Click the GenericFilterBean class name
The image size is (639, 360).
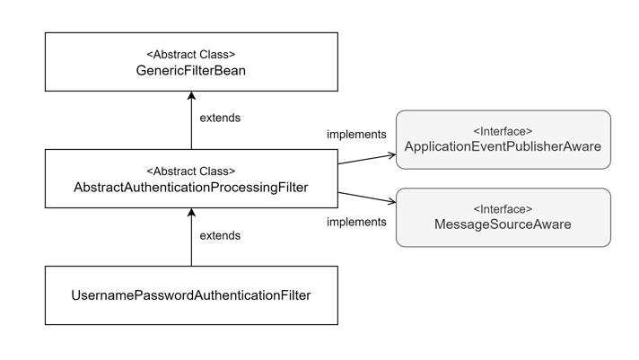click(x=191, y=70)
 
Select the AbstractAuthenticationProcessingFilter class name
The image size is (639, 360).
click(x=191, y=188)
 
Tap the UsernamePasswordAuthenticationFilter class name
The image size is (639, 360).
click(x=191, y=294)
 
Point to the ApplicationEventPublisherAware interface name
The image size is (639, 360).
click(x=503, y=146)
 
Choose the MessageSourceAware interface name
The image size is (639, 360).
click(x=503, y=224)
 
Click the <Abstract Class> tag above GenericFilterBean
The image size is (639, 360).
click(x=191, y=54)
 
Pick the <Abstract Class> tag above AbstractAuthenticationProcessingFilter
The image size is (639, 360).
click(x=191, y=171)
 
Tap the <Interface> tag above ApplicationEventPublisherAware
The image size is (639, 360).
click(x=503, y=131)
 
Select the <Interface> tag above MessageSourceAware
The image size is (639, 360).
click(x=503, y=209)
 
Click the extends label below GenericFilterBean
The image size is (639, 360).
click(x=220, y=118)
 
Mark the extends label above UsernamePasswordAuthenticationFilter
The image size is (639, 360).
click(x=220, y=235)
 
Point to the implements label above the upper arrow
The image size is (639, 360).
click(x=356, y=135)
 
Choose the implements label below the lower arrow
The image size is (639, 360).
click(x=356, y=222)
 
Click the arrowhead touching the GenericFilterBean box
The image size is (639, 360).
click(x=191, y=96)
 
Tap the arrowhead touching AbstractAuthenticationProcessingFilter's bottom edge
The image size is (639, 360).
click(x=191, y=214)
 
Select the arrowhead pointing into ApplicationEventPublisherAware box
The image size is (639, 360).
click(x=391, y=155)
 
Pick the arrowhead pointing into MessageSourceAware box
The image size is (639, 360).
click(x=391, y=202)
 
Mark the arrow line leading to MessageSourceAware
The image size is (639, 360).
click(x=363, y=197)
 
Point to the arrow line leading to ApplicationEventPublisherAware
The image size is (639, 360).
click(x=363, y=160)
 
